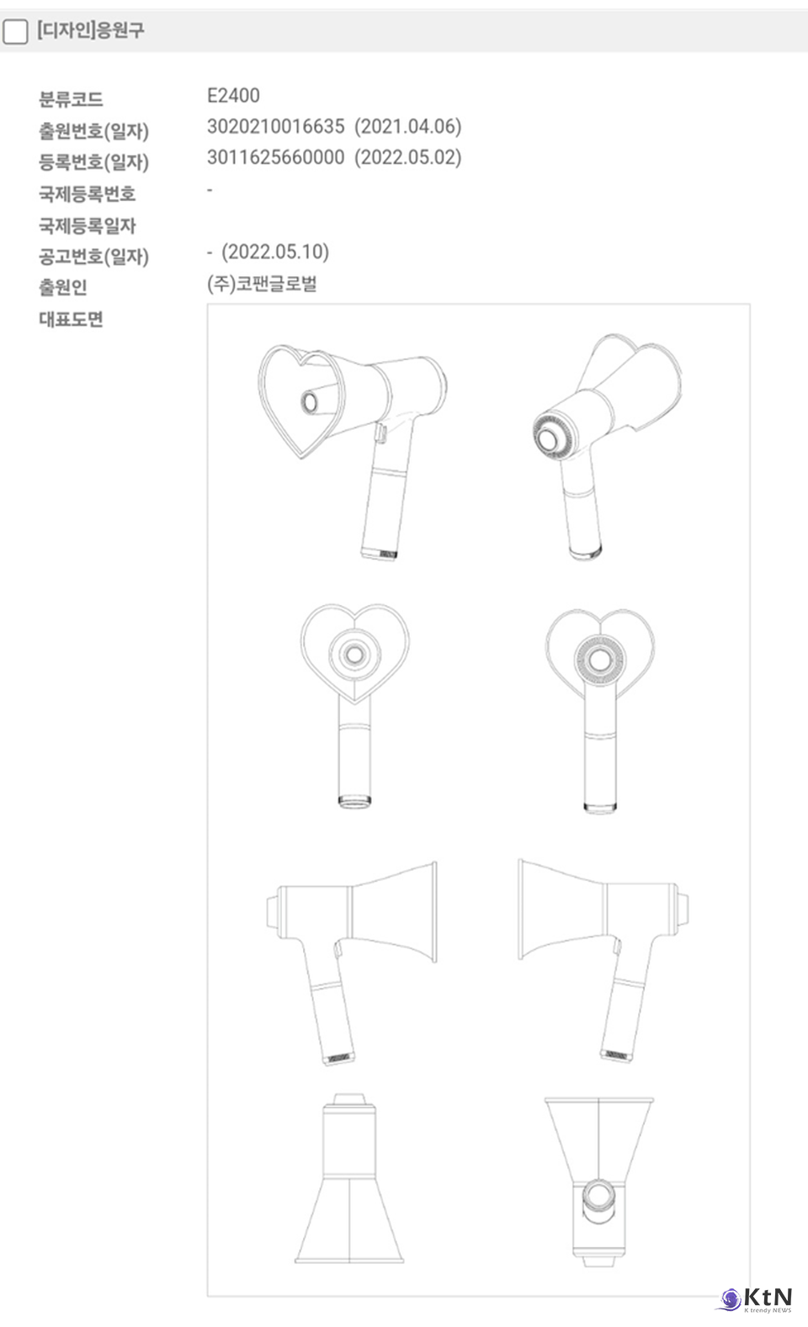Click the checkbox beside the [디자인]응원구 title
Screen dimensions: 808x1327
click(15, 31)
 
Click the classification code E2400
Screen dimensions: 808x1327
click(233, 95)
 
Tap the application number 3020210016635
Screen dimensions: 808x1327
click(275, 126)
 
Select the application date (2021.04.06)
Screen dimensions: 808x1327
click(407, 126)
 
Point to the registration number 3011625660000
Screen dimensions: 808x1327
click(275, 157)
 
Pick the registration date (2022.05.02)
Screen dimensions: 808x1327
click(407, 157)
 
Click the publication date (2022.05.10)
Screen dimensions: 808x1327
click(275, 252)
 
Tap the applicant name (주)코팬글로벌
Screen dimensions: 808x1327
click(262, 284)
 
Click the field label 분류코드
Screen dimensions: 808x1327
click(71, 99)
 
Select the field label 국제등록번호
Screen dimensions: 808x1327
click(87, 194)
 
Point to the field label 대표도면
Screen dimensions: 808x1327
click(71, 319)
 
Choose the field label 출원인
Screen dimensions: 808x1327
click(63, 287)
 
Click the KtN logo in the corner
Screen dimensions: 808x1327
click(756, 1298)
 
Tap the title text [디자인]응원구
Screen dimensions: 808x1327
click(91, 29)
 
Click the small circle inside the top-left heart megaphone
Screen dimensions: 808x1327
click(309, 402)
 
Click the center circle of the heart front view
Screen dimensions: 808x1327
click(354, 655)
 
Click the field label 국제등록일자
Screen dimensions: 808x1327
click(87, 226)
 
